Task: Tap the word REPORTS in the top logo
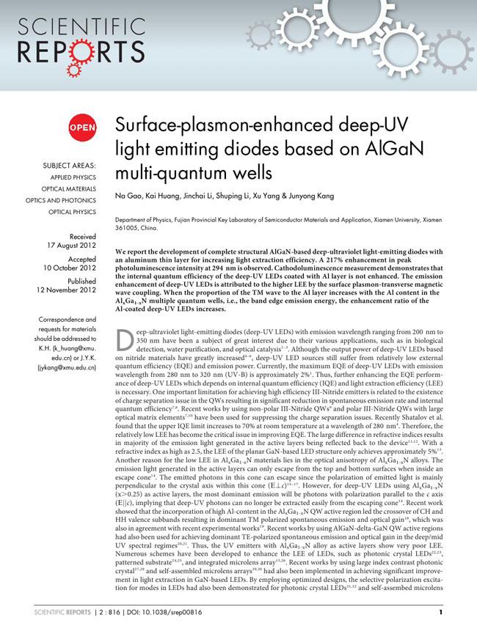tap(73, 52)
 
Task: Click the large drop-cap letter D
tap(126, 339)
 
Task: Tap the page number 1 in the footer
tap(440, 612)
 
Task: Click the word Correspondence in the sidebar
tap(68, 320)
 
